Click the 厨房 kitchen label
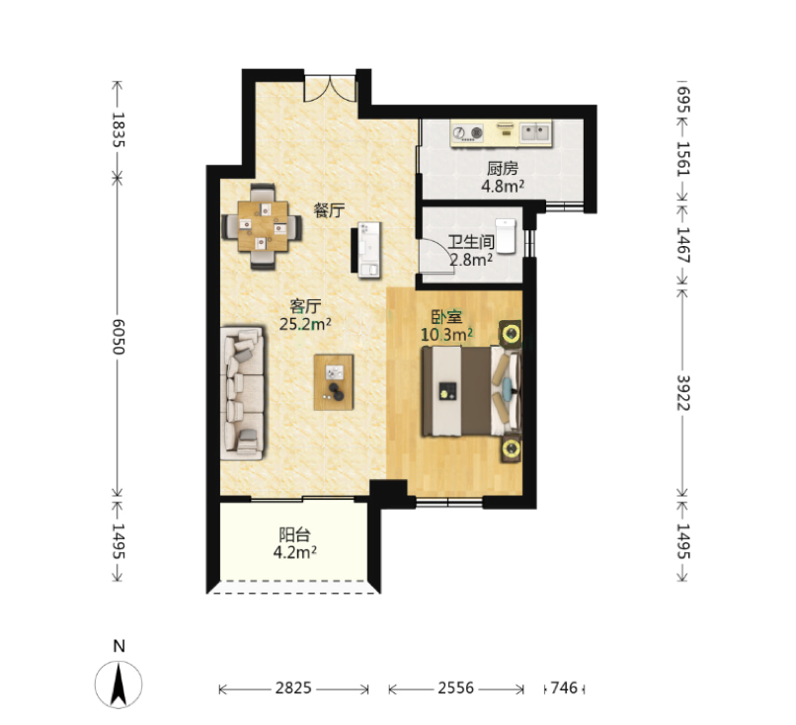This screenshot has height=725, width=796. pyautogui.click(x=503, y=168)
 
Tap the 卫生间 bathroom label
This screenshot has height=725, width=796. pyautogui.click(x=471, y=242)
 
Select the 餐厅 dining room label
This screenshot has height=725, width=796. pyautogui.click(x=329, y=209)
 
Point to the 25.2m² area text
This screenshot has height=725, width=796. pyautogui.click(x=305, y=324)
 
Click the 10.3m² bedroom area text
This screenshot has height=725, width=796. pyautogui.click(x=446, y=335)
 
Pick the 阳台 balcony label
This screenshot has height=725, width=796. pyautogui.click(x=294, y=534)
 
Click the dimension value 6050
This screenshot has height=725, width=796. pyautogui.click(x=118, y=337)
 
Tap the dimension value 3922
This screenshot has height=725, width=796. pyautogui.click(x=682, y=392)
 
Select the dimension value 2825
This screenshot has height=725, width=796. pyautogui.click(x=293, y=687)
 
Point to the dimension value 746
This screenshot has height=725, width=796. pyautogui.click(x=564, y=687)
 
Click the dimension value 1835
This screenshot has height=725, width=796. pyautogui.click(x=118, y=129)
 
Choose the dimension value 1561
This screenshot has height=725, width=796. pyautogui.click(x=682, y=158)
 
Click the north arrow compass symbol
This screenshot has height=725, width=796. pyautogui.click(x=119, y=685)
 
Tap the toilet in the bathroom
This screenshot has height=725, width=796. pyautogui.click(x=506, y=236)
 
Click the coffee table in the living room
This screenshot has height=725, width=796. pyautogui.click(x=334, y=382)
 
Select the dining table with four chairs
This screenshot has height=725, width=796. pyautogui.click(x=262, y=226)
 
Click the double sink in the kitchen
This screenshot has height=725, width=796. pyautogui.click(x=535, y=132)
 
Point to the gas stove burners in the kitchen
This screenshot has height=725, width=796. pyautogui.click(x=468, y=133)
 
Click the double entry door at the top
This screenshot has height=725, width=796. pyautogui.click(x=330, y=88)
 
